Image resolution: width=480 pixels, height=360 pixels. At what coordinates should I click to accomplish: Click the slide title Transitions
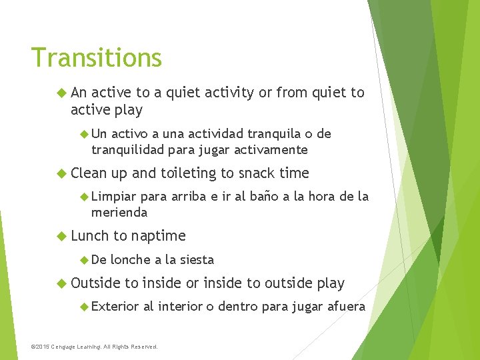coord(96,58)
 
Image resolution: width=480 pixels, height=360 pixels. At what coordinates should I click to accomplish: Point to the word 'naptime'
coord(159,236)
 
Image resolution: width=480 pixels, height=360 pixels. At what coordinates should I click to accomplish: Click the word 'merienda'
coord(119,213)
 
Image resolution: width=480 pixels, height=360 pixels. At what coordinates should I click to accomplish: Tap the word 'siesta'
coord(195,260)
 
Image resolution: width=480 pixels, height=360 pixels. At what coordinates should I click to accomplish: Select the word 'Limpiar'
coord(113,197)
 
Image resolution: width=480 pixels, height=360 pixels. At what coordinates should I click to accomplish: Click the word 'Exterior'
coord(115,307)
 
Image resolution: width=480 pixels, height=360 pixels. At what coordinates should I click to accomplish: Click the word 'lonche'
coord(131,260)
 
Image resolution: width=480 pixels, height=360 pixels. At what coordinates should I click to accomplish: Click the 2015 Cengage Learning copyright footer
coord(95,347)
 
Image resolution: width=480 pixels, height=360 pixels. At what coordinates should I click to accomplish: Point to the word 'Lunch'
coord(90,236)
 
